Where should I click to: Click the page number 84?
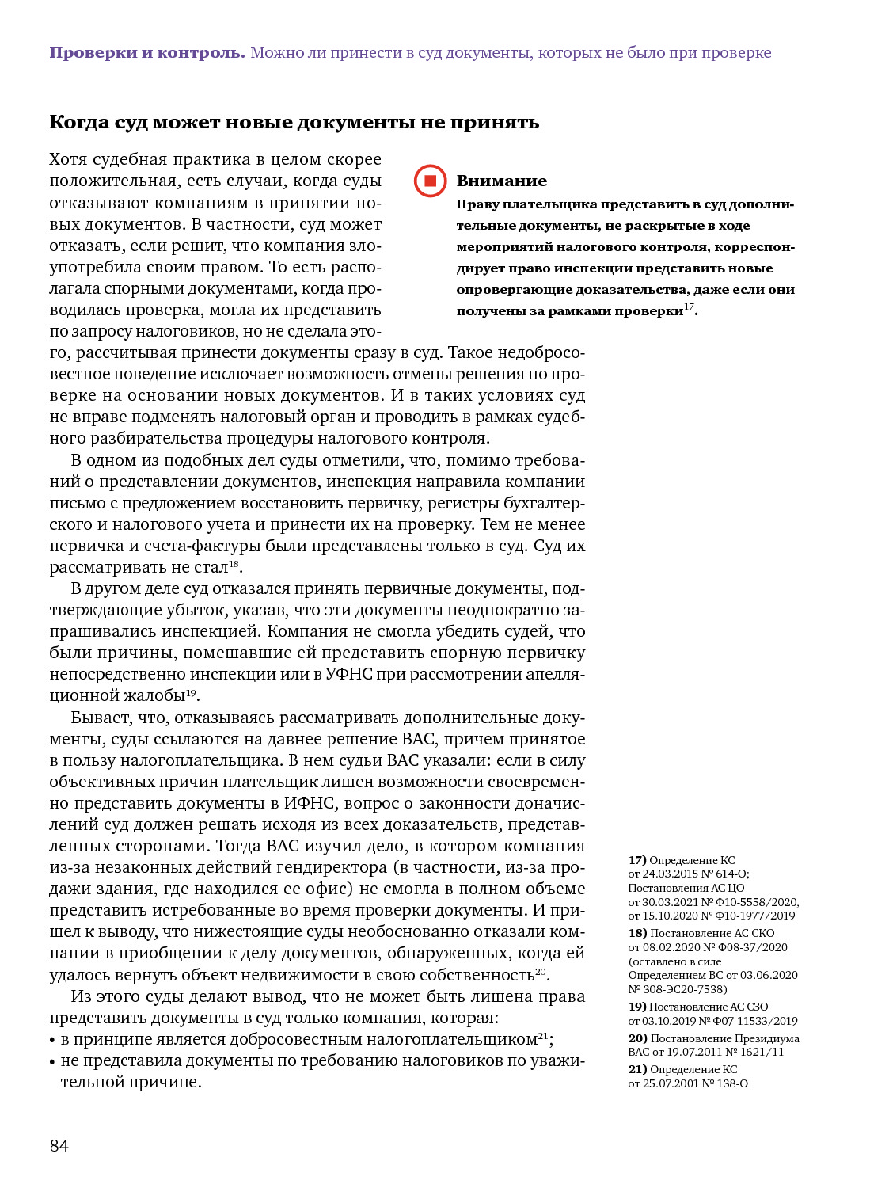pyautogui.click(x=59, y=1146)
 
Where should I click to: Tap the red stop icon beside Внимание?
pyautogui.click(x=430, y=181)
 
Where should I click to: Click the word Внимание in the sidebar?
pyautogui.click(x=501, y=181)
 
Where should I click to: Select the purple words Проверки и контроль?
pyautogui.click(x=147, y=53)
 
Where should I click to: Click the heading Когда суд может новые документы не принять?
pyautogui.click(x=294, y=122)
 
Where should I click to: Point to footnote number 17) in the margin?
pyautogui.click(x=637, y=860)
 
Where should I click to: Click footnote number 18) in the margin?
pyautogui.click(x=637, y=933)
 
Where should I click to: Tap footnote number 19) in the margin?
pyautogui.click(x=637, y=1007)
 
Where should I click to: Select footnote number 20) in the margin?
pyautogui.click(x=637, y=1038)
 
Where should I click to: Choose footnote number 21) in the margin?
pyautogui.click(x=637, y=1069)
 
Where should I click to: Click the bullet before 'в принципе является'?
pyautogui.click(x=52, y=1041)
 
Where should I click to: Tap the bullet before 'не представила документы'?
pyautogui.click(x=52, y=1062)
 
